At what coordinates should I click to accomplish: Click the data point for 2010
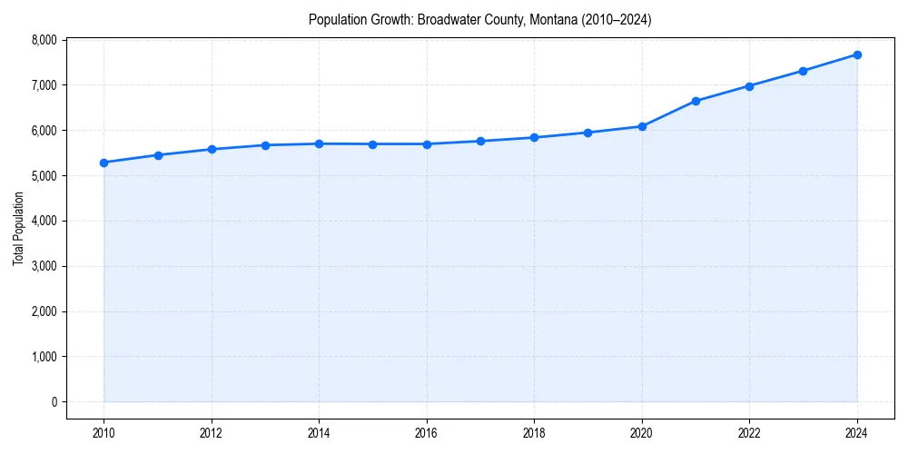coord(104,163)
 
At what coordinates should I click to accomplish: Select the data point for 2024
coord(857,54)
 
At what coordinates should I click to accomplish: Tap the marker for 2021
coord(696,101)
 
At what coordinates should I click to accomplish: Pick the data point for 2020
coord(642,126)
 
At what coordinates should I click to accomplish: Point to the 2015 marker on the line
coord(373,144)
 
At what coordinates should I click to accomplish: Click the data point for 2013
coord(265,145)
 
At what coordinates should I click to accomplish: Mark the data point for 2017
coord(480,141)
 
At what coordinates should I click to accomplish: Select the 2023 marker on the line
coord(804,71)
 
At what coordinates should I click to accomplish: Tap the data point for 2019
coord(588,133)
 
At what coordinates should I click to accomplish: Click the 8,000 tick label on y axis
coord(43,40)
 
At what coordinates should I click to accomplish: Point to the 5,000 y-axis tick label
coord(43,176)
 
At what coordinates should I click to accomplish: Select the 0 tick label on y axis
coord(54,402)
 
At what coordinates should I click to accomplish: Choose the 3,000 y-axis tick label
coord(43,266)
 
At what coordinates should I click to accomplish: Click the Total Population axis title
coord(18,228)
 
